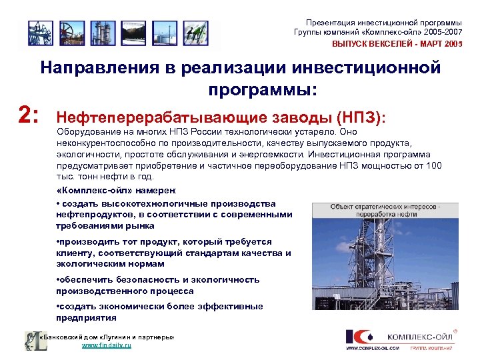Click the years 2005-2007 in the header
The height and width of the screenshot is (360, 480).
445,32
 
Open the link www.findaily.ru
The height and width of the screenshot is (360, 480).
106,345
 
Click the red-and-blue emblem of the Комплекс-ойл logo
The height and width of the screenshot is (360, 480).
360,337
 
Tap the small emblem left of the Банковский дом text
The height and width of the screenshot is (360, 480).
31,341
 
